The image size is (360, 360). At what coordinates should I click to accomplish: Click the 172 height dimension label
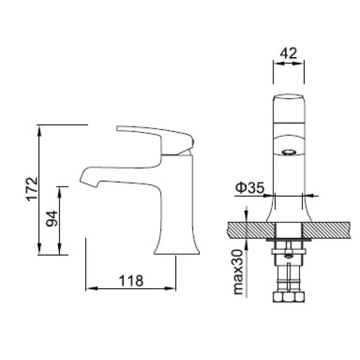[33, 188]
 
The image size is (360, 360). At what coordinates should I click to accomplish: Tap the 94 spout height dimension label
[52, 220]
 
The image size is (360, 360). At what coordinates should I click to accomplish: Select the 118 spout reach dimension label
[131, 280]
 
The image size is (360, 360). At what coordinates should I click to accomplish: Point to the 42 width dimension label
[288, 53]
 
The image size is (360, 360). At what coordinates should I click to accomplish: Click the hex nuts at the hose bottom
[289, 298]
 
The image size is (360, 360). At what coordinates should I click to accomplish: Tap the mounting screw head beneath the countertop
[289, 254]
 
